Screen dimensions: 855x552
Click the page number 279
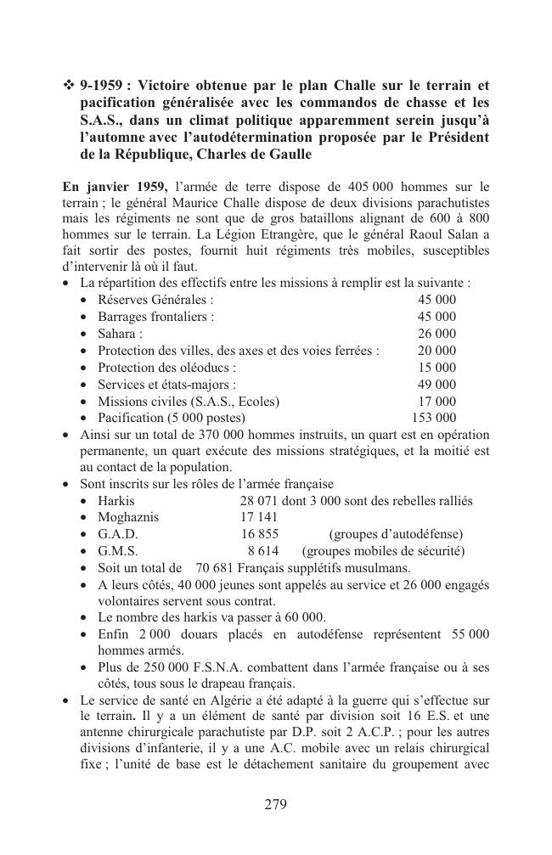(x=275, y=805)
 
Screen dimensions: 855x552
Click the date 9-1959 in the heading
(x=101, y=86)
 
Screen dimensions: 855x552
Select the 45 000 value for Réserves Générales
(x=437, y=300)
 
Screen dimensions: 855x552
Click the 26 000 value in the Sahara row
(x=437, y=334)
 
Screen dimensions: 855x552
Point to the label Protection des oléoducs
(x=166, y=368)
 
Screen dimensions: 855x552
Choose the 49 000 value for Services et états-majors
(x=437, y=385)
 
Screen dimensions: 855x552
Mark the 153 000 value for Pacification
(x=433, y=418)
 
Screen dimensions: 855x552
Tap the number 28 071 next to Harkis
(x=259, y=501)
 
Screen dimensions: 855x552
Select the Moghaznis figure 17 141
(x=259, y=517)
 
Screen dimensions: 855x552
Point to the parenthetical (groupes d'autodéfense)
(x=396, y=534)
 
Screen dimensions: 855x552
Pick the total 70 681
(x=214, y=567)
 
